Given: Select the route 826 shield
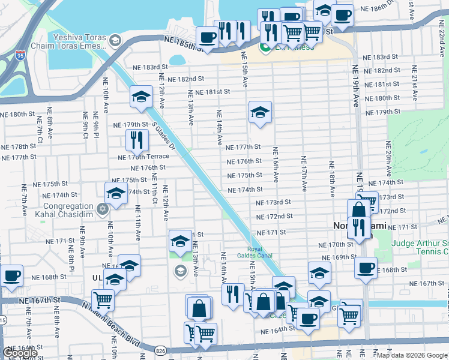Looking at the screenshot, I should (x=160, y=350).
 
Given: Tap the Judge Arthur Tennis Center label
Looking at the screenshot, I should (x=420, y=247).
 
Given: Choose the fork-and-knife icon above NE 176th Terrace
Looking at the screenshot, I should (x=137, y=139).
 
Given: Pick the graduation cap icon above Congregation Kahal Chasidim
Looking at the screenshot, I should (x=116, y=193).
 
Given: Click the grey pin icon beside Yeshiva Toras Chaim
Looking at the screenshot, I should (x=115, y=40).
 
